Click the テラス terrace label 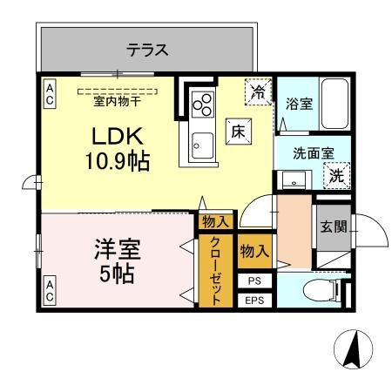pos(147,50)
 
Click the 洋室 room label pos(117,248)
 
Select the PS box pos(253,280)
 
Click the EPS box pos(253,301)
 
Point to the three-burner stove pos(203,104)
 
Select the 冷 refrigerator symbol pos(259,90)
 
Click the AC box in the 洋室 pos(49,291)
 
